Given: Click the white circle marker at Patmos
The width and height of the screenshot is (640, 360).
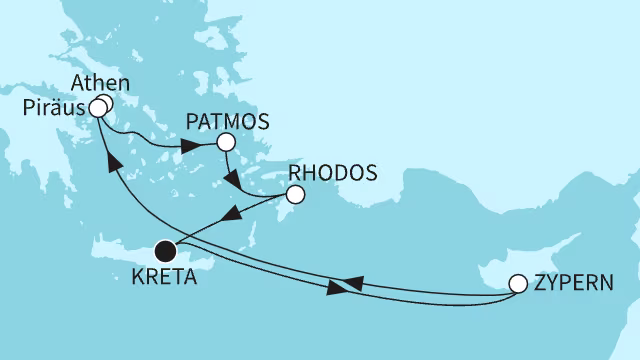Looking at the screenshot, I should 225,143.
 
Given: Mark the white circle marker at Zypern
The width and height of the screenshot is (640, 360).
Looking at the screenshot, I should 518,283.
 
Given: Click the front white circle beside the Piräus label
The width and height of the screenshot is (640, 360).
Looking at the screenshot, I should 97,107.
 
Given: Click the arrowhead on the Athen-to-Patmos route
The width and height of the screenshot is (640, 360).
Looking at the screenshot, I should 189,147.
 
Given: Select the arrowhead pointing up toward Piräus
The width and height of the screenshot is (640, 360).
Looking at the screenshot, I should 112,161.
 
